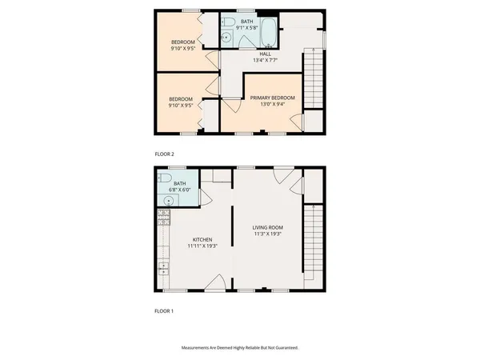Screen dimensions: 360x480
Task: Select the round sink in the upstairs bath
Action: [226, 37]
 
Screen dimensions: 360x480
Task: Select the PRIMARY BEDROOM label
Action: [273, 98]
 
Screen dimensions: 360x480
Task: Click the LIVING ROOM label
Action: [268, 228]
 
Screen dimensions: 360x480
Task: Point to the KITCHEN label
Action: [200, 239]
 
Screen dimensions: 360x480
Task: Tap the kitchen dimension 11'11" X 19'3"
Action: [200, 246]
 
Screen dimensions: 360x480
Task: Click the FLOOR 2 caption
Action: [164, 153]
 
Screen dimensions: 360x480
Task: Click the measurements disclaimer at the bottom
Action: [240, 348]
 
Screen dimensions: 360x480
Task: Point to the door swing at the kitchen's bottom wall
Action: [214, 282]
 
